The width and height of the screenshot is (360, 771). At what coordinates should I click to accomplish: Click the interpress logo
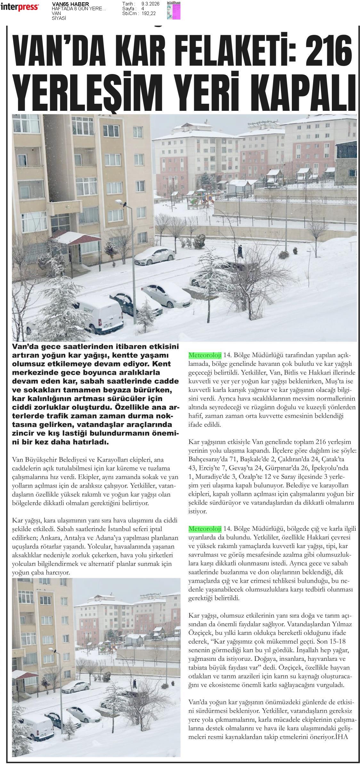[20, 7]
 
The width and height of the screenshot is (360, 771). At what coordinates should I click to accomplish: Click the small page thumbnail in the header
[173, 10]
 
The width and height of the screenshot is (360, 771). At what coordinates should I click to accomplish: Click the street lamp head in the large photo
[119, 202]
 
